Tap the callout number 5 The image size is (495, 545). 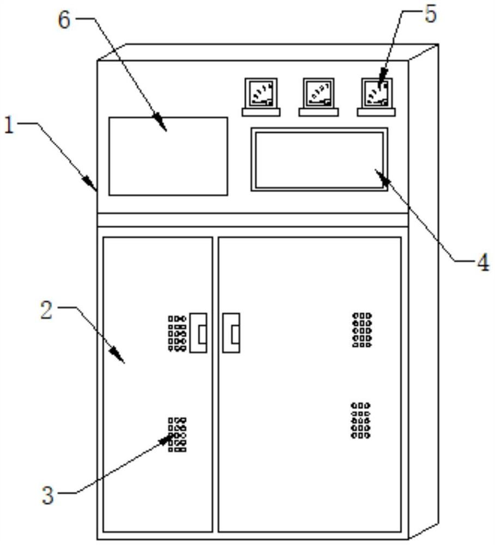pyautogui.click(x=431, y=15)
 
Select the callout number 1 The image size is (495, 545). pyautogui.click(x=8, y=126)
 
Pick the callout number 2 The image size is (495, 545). pyautogui.click(x=46, y=311)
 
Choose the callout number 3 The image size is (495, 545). pyautogui.click(x=48, y=496)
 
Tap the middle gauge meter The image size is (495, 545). pyautogui.click(x=318, y=93)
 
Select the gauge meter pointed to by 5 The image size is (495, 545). pyautogui.click(x=377, y=93)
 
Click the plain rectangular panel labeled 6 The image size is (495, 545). pyautogui.click(x=168, y=156)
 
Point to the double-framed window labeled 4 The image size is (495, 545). pyautogui.click(x=319, y=159)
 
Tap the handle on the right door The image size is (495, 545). pyautogui.click(x=232, y=332)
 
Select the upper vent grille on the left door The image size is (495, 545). pyautogui.click(x=177, y=333)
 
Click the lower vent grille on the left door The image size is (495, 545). pyautogui.click(x=177, y=434)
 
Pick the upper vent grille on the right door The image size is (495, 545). pyautogui.click(x=362, y=330)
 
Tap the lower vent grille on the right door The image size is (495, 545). pyautogui.click(x=361, y=420)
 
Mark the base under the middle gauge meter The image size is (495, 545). pyautogui.click(x=318, y=112)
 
